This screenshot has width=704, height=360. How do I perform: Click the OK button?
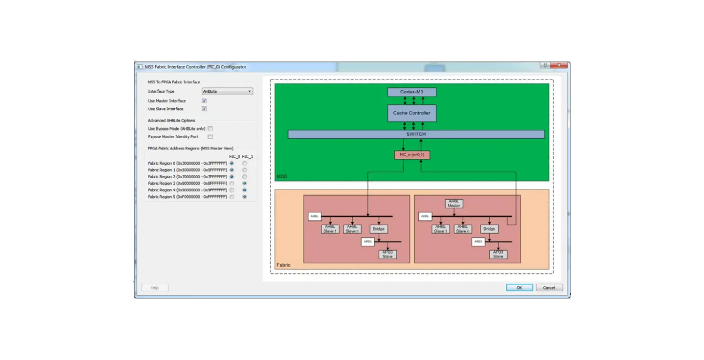(519, 288)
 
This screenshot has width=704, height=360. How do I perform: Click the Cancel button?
(549, 288)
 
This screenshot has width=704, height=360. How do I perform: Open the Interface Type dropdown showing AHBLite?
(227, 92)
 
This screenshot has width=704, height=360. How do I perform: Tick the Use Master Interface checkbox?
(204, 101)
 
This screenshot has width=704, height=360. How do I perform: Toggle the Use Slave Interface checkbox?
(204, 109)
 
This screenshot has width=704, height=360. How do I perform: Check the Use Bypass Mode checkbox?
(210, 129)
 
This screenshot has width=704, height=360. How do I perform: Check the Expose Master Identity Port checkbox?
(210, 137)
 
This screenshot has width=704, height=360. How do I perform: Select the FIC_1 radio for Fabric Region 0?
(245, 163)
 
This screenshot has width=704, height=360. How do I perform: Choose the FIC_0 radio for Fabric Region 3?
(232, 184)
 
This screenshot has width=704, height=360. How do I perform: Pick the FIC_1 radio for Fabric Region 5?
(245, 197)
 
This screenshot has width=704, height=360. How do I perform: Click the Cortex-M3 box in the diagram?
(412, 92)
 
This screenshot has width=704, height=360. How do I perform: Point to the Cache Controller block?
(412, 113)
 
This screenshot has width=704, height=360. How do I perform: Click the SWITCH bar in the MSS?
(416, 134)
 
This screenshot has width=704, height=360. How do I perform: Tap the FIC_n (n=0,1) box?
(412, 155)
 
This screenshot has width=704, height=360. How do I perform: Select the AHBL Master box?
(454, 204)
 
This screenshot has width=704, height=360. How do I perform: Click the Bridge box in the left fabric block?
(378, 229)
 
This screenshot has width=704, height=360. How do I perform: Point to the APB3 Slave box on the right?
(498, 255)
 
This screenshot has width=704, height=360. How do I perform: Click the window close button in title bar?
(559, 66)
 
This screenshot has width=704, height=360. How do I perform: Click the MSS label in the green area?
(282, 176)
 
